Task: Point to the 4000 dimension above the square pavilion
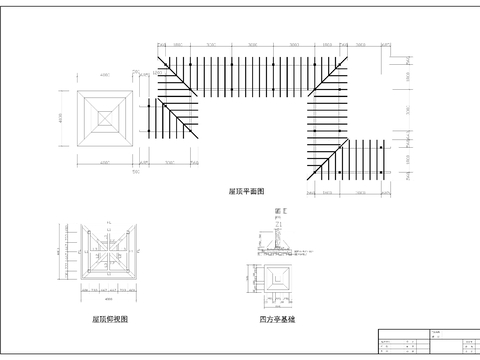pyautogui.click(x=104, y=78)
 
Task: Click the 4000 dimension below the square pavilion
pyautogui.click(x=104, y=162)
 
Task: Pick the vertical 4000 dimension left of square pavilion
pyautogui.click(x=61, y=119)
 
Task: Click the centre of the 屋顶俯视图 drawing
pyautogui.click(x=109, y=255)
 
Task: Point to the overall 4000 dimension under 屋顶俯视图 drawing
pyautogui.click(x=109, y=298)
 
